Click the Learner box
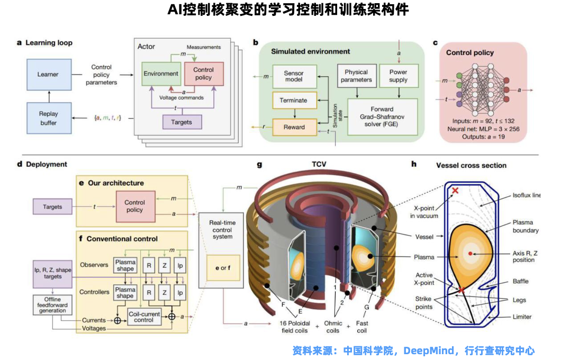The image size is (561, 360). tap(49, 75)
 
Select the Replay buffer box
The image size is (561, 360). tap(49, 118)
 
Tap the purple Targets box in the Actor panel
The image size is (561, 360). tap(182, 122)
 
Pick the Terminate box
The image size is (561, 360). tap(294, 100)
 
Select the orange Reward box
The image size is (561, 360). tap(294, 127)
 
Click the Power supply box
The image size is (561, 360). tap(399, 76)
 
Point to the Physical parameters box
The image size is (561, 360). tap(356, 76)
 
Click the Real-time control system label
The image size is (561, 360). tap(222, 229)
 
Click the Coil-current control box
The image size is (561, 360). tap(143, 317)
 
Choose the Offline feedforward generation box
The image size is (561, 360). tap(52, 305)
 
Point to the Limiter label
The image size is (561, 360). tap(522, 317)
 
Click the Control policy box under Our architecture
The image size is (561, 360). tap(134, 206)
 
